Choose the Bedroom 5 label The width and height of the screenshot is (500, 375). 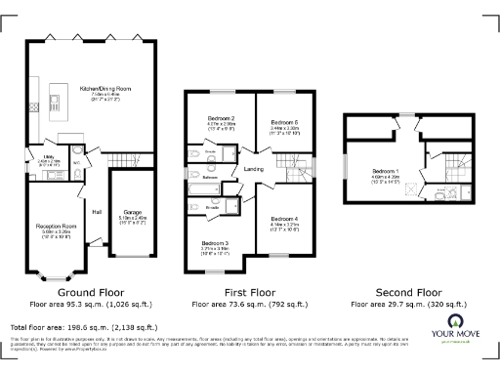click(x=283, y=121)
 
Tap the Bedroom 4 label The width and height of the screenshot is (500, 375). click(x=283, y=219)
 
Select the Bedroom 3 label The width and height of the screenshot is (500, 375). click(x=215, y=242)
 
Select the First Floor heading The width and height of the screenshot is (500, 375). click(x=252, y=292)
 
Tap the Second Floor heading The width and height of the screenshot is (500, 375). click(x=402, y=292)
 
